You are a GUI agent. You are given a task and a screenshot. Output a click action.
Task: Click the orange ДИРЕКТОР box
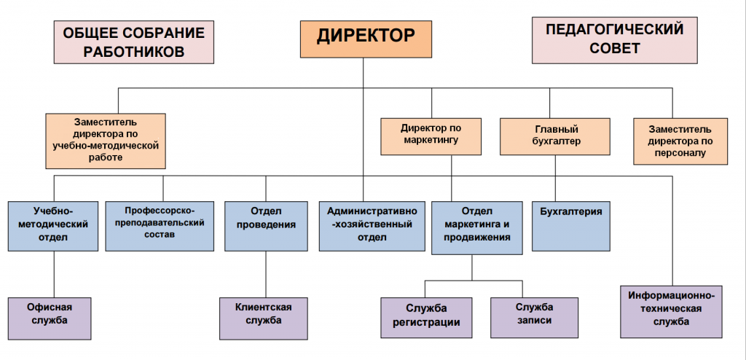tap(362, 38)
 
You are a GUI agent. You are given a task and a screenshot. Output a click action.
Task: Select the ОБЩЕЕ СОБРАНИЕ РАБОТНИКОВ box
tap(133, 42)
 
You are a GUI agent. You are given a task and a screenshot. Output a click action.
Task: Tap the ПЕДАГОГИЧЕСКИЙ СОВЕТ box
tap(615, 40)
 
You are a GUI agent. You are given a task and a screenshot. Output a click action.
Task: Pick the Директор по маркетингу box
tap(431, 136)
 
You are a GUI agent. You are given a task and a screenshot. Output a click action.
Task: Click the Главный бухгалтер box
tap(555, 136)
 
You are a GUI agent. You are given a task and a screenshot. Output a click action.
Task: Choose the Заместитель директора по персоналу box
tap(680, 141)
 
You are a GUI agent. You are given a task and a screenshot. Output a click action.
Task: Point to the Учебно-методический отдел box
tap(54, 225)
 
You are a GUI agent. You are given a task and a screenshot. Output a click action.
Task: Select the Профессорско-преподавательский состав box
tap(160, 225)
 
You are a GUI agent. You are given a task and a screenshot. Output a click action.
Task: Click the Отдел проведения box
tap(265, 225)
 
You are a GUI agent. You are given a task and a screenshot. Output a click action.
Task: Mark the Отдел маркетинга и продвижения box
tap(477, 227)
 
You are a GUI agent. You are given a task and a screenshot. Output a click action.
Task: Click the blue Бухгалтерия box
tap(571, 225)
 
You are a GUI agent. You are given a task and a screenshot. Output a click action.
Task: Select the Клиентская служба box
tap(263, 317)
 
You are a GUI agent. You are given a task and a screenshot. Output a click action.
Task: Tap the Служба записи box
tap(533, 317)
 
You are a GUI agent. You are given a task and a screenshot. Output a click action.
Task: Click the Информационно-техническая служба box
tap(672, 311)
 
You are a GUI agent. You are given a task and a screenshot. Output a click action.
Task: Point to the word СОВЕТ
tap(615, 49)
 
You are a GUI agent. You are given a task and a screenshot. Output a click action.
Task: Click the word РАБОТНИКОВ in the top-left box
tap(133, 52)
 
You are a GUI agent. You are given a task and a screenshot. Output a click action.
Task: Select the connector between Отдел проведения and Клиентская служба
tap(265, 274)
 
